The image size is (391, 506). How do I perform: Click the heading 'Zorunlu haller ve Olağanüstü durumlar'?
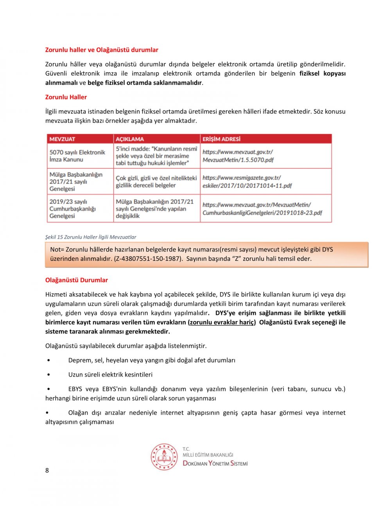click(x=102, y=50)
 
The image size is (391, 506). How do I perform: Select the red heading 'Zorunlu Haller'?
click(x=66, y=97)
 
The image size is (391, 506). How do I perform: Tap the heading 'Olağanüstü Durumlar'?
click(x=76, y=280)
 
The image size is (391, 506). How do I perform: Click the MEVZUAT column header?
click(x=62, y=139)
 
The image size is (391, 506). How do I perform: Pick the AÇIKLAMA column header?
click(x=130, y=139)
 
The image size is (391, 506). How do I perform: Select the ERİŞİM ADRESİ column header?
click(x=221, y=139)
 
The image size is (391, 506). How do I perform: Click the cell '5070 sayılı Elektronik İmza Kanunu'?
click(x=77, y=156)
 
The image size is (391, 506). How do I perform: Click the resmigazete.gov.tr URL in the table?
click(x=247, y=182)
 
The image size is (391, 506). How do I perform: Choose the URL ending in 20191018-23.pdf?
click(x=262, y=209)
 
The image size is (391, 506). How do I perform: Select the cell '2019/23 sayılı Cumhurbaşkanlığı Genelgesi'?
click(x=73, y=209)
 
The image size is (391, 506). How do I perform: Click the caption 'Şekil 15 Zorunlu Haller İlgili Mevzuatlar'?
click(x=91, y=237)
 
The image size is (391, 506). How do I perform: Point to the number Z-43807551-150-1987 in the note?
click(x=148, y=259)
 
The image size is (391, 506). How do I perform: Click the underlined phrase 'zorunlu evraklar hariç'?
click(x=222, y=323)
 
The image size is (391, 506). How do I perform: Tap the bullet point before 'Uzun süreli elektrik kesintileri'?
click(x=48, y=375)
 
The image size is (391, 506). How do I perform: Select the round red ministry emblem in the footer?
click(x=164, y=457)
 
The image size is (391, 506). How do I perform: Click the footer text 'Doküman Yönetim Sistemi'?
click(x=215, y=464)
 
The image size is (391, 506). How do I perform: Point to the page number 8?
click(x=47, y=470)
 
